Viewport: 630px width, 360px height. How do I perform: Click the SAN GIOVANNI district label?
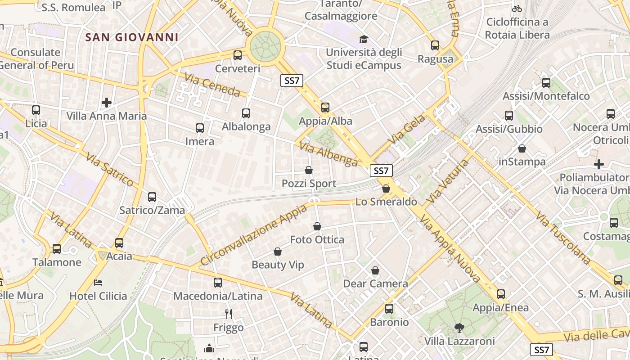[x=132, y=37]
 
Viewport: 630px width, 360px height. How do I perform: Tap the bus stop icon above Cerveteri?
[x=238, y=55]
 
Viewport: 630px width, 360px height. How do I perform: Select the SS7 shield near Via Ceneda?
[x=292, y=81]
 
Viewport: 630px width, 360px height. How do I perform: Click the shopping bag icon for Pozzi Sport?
[x=309, y=170]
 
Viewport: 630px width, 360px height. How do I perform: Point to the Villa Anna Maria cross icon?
[x=106, y=103]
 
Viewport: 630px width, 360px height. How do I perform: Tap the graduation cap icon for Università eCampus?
[x=364, y=40]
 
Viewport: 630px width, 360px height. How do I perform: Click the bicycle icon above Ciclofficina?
[x=517, y=9]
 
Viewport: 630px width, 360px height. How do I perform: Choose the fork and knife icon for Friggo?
[x=229, y=314]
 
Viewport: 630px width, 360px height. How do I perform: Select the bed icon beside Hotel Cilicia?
[x=98, y=283]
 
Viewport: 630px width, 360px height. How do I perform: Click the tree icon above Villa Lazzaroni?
[x=459, y=328]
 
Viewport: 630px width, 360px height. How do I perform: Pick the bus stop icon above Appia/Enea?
[x=500, y=294]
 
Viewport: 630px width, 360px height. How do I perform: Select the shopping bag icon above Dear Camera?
[x=375, y=270]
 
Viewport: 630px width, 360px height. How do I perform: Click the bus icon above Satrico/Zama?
[x=152, y=197]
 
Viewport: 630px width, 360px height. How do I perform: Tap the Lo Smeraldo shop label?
[x=386, y=202]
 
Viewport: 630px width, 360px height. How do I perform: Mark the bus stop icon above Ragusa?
[x=435, y=45]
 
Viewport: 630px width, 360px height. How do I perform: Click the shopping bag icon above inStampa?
[x=522, y=148]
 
